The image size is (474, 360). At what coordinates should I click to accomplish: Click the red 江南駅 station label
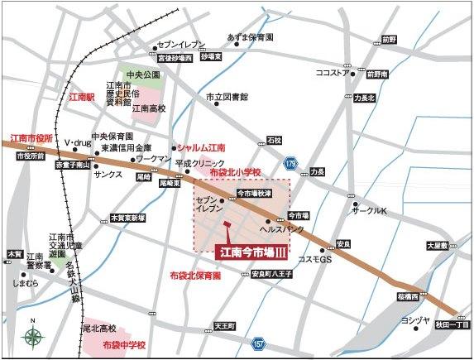[83, 97]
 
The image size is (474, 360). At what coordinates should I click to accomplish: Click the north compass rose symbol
[33, 335]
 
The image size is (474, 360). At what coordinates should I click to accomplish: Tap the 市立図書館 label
[227, 97]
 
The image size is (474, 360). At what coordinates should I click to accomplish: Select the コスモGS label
[315, 259]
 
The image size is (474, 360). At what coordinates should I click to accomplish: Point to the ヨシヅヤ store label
[414, 319]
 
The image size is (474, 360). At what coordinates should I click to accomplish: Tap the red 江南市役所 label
[31, 137]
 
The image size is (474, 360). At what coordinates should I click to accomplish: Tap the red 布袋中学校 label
[124, 343]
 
